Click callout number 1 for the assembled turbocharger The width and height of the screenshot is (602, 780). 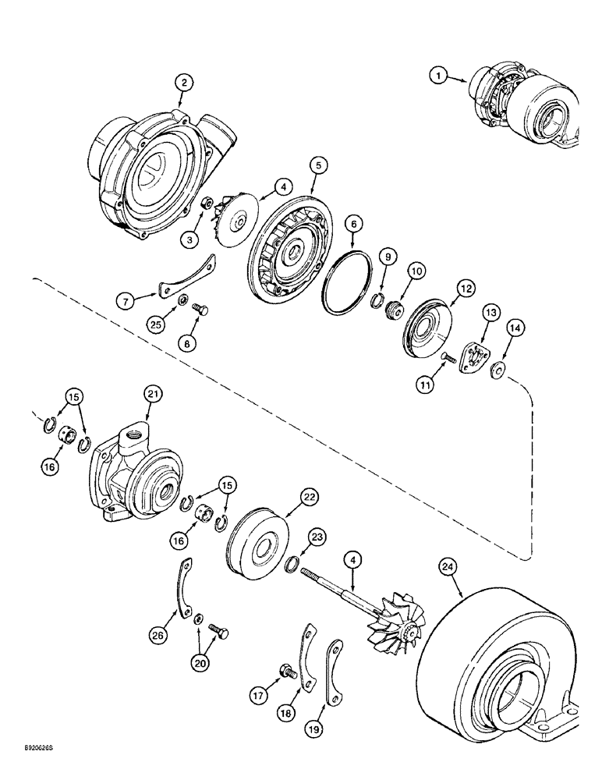pyautogui.click(x=439, y=75)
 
